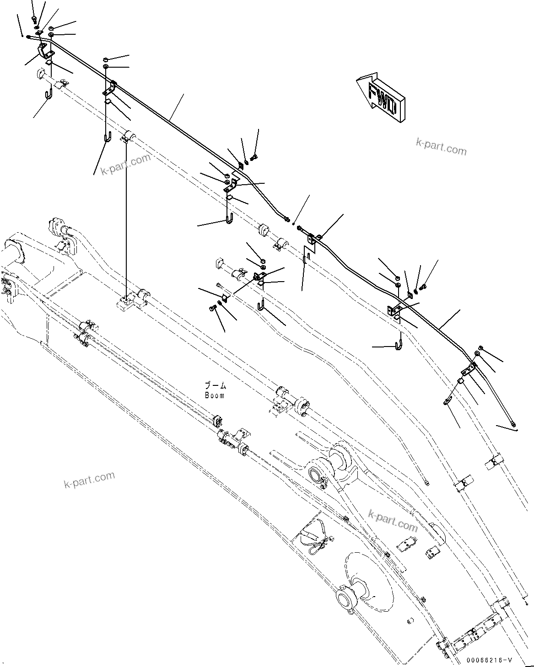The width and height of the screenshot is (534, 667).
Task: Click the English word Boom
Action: [x=215, y=395]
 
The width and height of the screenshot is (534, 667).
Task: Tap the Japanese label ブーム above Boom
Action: [x=215, y=386]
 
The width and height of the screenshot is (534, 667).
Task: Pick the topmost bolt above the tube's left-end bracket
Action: [x=34, y=19]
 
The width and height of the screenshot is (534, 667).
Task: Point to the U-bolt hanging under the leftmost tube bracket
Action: [x=49, y=94]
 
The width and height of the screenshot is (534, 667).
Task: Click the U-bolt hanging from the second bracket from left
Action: [x=107, y=137]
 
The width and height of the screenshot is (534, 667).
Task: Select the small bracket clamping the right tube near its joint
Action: [x=313, y=238]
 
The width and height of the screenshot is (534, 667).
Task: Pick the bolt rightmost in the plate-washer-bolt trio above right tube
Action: [x=422, y=287]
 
